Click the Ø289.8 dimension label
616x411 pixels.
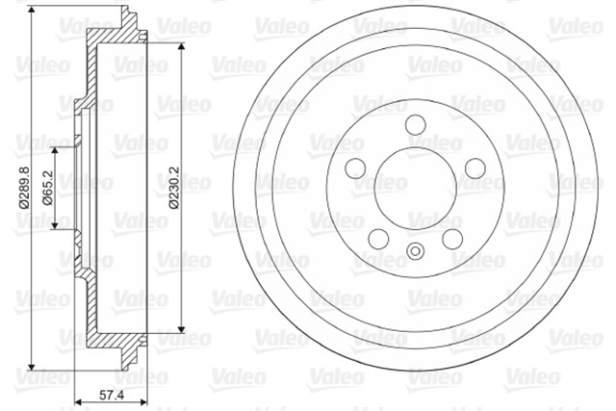tap(24, 187)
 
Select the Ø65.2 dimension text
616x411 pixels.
tap(48, 188)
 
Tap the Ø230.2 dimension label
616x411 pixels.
tap(174, 187)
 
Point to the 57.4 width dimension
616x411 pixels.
tap(112, 395)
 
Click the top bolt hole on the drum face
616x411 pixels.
tap(416, 124)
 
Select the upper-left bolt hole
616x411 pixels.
tap(355, 168)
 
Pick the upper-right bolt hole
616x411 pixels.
tap(475, 168)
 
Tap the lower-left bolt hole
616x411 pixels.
tap(378, 239)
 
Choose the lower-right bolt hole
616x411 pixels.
tap(452, 239)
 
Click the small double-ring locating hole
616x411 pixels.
tap(415, 250)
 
